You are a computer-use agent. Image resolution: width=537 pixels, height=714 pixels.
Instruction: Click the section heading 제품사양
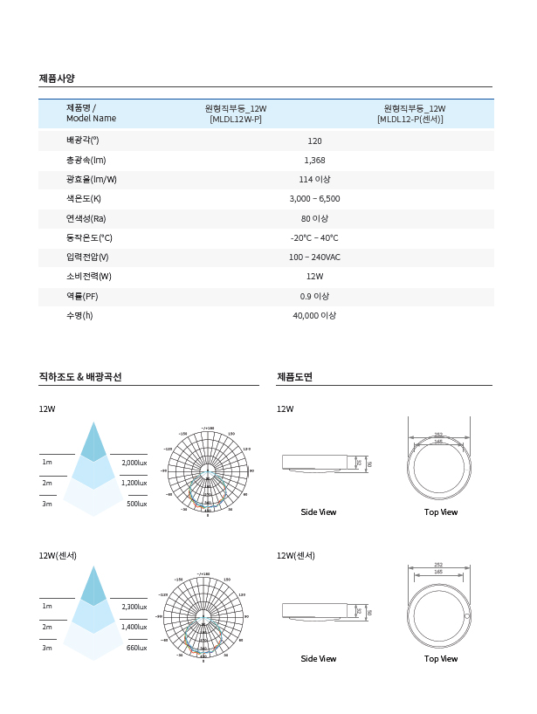[58, 79]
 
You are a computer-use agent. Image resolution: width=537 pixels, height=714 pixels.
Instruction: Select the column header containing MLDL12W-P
[236, 113]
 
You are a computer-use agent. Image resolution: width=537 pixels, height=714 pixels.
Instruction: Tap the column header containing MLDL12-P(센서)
[410, 113]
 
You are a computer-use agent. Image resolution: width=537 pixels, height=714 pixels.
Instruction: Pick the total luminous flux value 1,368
[314, 161]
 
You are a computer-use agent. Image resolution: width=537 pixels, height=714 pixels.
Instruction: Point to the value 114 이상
[314, 180]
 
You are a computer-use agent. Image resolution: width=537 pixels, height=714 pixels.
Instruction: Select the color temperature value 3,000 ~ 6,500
[314, 199]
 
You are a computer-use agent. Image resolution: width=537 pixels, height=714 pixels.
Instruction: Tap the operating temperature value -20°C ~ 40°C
[314, 237]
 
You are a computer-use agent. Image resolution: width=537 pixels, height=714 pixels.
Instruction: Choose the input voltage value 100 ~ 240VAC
[314, 257]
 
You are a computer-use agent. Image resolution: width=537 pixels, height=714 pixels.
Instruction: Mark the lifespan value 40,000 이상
[314, 316]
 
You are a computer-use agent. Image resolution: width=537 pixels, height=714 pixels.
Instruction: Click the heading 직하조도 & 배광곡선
[80, 377]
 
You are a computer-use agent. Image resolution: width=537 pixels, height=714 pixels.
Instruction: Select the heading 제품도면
[294, 377]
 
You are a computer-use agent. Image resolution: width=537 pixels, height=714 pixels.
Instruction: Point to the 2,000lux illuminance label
[134, 463]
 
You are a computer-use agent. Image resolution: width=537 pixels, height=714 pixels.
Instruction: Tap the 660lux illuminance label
[137, 648]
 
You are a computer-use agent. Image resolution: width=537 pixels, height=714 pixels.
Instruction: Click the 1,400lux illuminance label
[134, 628]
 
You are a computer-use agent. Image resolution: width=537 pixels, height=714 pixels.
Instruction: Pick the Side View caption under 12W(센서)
[318, 659]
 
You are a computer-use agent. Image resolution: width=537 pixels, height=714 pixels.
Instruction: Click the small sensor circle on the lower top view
[467, 616]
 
